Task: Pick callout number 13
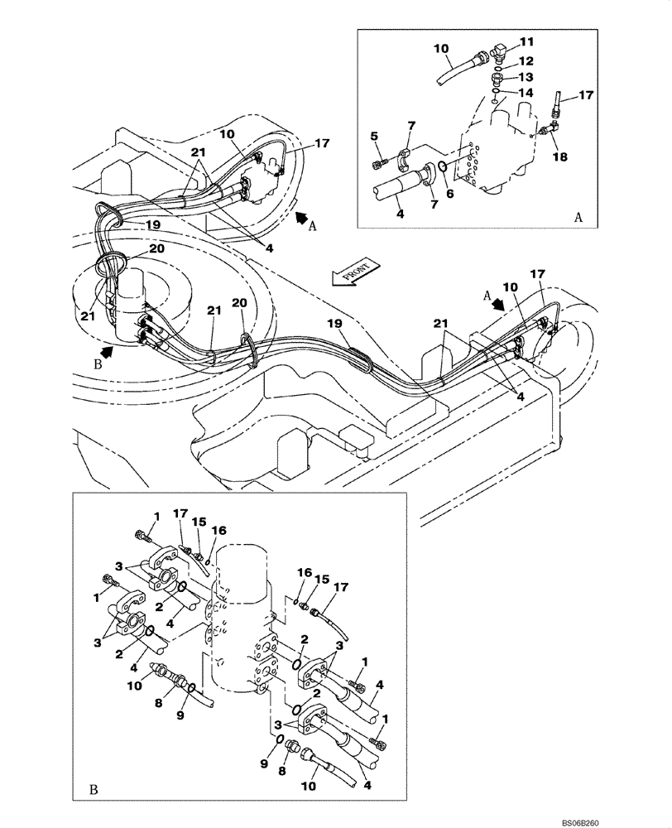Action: tap(527, 76)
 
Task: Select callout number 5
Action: tap(374, 136)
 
